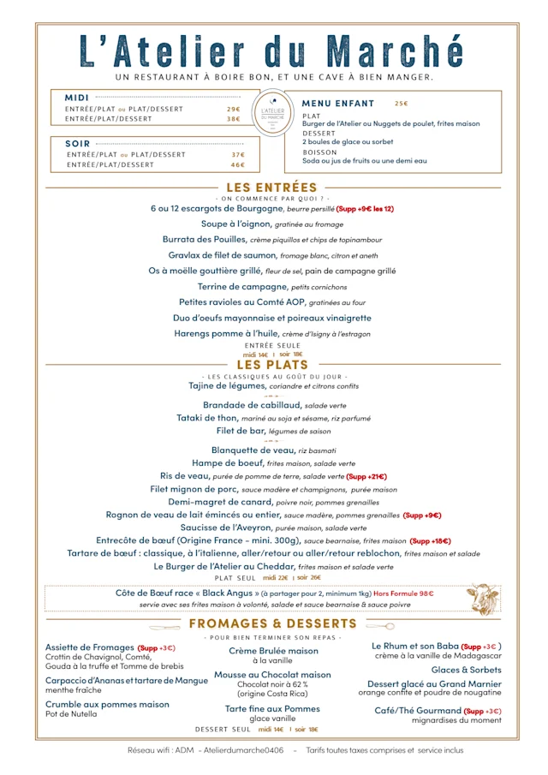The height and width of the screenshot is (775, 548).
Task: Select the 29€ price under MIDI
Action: click(x=234, y=110)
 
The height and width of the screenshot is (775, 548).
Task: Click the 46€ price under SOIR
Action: click(x=237, y=164)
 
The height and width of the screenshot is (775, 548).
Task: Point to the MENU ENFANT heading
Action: click(x=338, y=104)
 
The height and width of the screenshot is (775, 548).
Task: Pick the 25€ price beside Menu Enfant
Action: click(x=401, y=104)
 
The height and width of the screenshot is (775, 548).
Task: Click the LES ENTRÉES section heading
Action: click(x=271, y=188)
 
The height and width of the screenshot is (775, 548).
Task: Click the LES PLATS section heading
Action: click(x=272, y=365)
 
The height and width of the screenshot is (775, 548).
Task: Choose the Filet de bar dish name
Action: click(x=240, y=431)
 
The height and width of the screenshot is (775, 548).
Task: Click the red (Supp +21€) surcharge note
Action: click(x=366, y=476)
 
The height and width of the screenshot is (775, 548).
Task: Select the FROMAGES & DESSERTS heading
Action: click(x=272, y=623)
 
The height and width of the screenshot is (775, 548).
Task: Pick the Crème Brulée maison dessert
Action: click(x=273, y=651)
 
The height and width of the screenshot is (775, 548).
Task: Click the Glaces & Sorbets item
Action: click(x=466, y=670)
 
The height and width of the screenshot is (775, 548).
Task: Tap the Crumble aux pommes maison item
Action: click(x=107, y=705)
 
